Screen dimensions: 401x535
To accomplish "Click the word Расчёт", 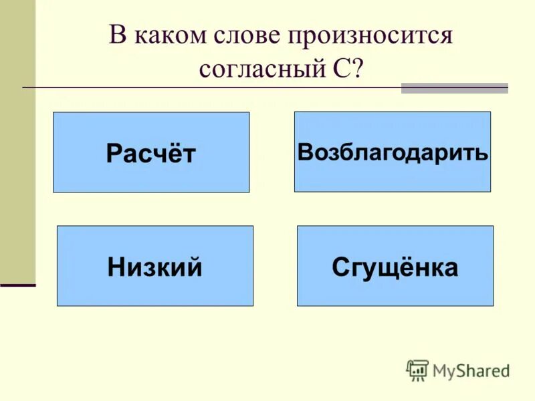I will tap(150, 154).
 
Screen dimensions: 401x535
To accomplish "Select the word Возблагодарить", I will tap(393, 152).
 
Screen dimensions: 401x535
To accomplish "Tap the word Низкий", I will tap(154, 267).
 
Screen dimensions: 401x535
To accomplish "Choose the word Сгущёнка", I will tap(395, 267).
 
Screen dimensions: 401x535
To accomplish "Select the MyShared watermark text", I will tap(471, 370).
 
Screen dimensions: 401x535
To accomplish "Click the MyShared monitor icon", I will tap(417, 370).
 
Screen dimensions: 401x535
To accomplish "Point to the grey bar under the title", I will tap(454, 88).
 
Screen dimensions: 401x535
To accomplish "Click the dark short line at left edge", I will tap(17, 285).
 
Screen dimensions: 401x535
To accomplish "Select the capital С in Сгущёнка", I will tap(340, 267).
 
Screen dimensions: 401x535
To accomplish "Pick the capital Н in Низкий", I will tap(115, 267).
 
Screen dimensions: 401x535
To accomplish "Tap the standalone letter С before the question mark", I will tap(337, 70).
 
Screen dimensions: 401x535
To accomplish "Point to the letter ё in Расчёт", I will tap(177, 153).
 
